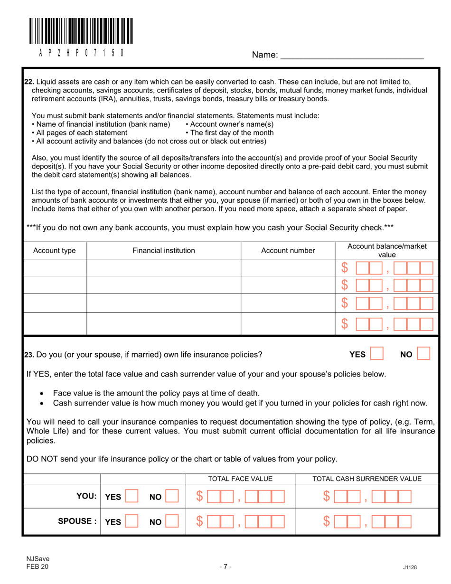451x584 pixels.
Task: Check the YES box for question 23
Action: pos(376,354)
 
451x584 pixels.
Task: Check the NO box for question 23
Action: pos(423,354)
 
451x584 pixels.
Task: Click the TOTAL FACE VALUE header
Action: pos(240,479)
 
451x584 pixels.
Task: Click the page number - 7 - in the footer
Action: pos(225,566)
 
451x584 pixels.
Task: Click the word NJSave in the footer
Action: pos(35,558)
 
